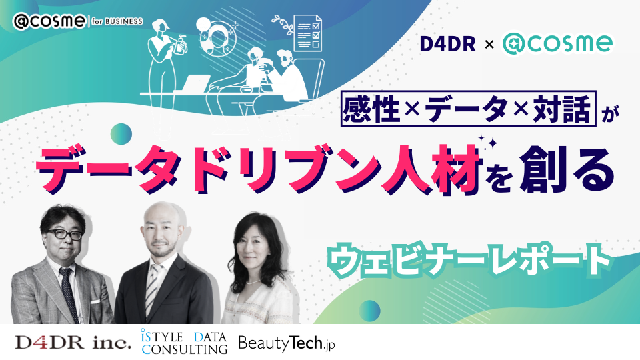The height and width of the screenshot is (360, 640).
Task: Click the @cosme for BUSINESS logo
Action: click(x=77, y=21)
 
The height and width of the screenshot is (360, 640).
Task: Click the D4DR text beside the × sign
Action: click(x=448, y=44)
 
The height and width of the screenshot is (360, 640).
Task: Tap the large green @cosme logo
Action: click(x=557, y=44)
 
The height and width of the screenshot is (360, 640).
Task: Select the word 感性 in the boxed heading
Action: click(x=371, y=109)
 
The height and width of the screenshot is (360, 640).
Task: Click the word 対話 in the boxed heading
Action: click(x=562, y=109)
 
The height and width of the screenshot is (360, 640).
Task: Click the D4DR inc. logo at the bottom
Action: click(x=73, y=342)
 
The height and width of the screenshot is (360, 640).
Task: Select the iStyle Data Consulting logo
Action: click(x=184, y=341)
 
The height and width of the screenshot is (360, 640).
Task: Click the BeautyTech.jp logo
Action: click(x=287, y=343)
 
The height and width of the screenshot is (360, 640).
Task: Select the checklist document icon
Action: click(x=307, y=33)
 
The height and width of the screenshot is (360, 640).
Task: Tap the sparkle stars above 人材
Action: click(x=489, y=143)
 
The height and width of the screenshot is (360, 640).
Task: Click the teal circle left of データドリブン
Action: click(x=121, y=134)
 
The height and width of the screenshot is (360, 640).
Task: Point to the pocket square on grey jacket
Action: click(x=95, y=301)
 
